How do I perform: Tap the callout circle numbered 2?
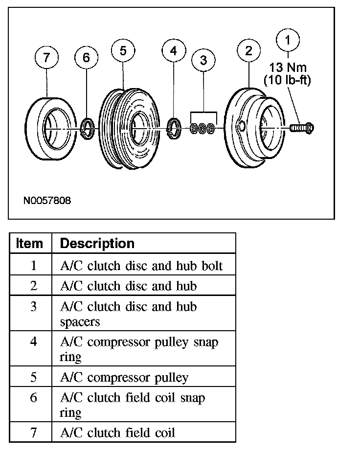[249, 51]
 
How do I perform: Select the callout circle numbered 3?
[203, 60]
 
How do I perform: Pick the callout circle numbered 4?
[174, 50]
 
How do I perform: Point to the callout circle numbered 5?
[123, 51]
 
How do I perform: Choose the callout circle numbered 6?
[87, 58]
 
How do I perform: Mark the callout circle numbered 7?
[46, 58]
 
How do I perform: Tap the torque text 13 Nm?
[288, 67]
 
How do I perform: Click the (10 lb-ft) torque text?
[288, 80]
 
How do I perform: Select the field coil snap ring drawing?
[87, 129]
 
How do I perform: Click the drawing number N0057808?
[47, 201]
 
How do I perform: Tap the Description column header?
[97, 243]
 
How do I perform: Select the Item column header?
[30, 243]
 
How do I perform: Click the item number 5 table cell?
[33, 377]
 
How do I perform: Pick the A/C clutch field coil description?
[117, 432]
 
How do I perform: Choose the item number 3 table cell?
[33, 307]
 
